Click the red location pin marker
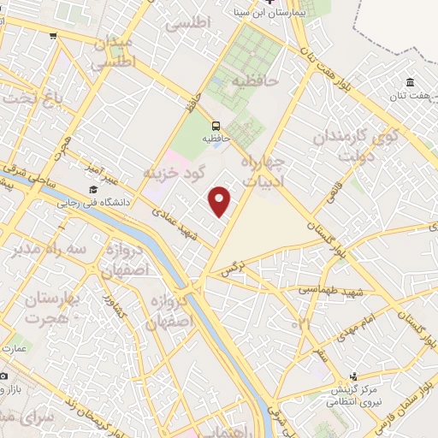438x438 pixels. point(221,201)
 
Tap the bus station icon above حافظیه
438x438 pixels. point(216,123)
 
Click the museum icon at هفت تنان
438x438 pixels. point(410,83)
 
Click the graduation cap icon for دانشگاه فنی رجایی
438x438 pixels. point(92,190)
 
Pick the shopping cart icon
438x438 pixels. point(54,36)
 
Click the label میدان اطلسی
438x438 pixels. point(113,52)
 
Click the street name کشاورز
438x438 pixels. point(109,311)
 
